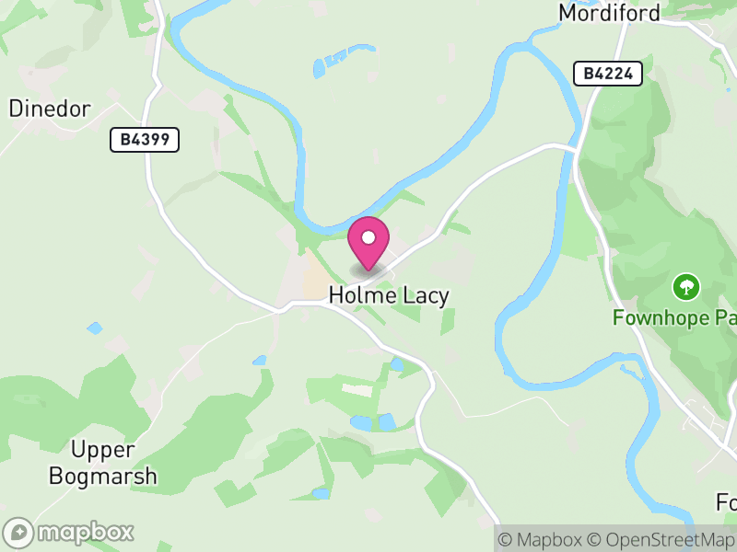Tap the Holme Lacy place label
pyautogui.click(x=389, y=295)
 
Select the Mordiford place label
pyautogui.click(x=609, y=13)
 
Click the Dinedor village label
pyautogui.click(x=50, y=109)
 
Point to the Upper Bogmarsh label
pyautogui.click(x=103, y=464)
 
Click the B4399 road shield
pyautogui.click(x=145, y=140)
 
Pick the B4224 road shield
pyautogui.click(x=607, y=74)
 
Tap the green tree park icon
pyautogui.click(x=685, y=287)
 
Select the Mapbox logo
pyautogui.click(x=69, y=532)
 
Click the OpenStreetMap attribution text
pyautogui.click(x=662, y=539)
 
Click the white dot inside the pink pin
pyautogui.click(x=368, y=237)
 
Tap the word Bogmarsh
pyautogui.click(x=103, y=477)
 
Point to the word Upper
pyautogui.click(x=103, y=451)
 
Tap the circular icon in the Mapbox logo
pyautogui.click(x=18, y=532)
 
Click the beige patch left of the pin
pyautogui.click(x=317, y=275)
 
